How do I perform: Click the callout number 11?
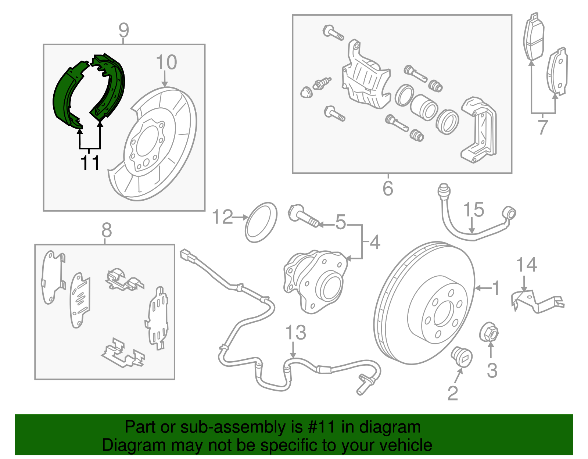click(x=90, y=163)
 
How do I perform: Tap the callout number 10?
click(x=166, y=62)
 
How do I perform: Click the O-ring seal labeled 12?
click(x=261, y=222)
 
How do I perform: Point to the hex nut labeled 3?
click(x=489, y=333)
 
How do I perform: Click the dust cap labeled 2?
click(x=462, y=356)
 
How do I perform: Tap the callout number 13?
click(x=295, y=332)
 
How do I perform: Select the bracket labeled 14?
click(x=537, y=302)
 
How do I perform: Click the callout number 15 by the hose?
click(x=473, y=210)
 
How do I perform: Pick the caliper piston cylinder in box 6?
click(x=423, y=107)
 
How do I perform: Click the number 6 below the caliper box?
click(x=388, y=189)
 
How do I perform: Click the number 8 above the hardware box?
click(x=106, y=230)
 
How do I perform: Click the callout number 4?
click(x=374, y=243)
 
